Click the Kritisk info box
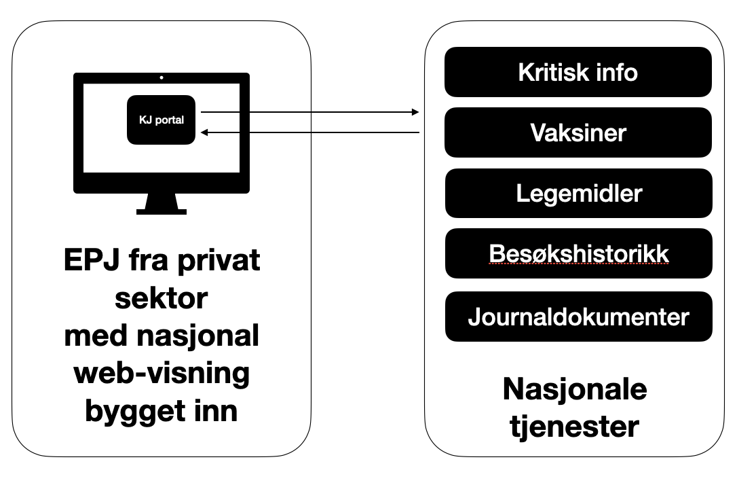coord(578,72)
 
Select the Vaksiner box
coord(578,132)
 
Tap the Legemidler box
coord(578,194)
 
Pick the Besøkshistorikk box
coord(578,254)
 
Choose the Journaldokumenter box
coord(578,317)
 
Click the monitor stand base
coord(161,211)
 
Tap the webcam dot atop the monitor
coord(162,77)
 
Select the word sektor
coord(162,298)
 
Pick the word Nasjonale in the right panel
coord(574,390)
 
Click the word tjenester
coord(574,427)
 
